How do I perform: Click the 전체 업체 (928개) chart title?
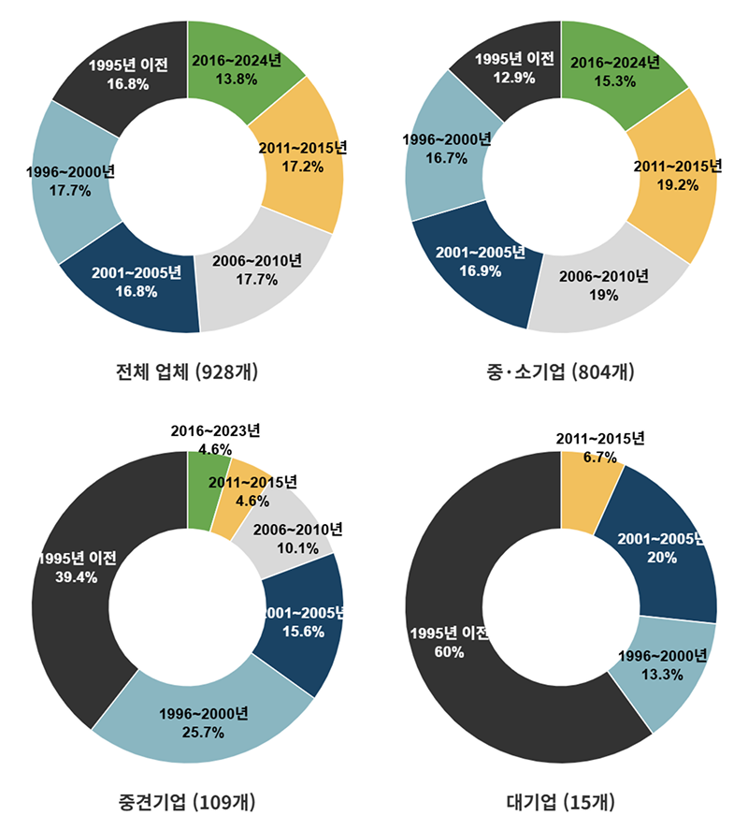click(x=187, y=372)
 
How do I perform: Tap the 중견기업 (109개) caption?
click(x=188, y=802)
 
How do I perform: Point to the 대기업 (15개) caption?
click(x=561, y=802)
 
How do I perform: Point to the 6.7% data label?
click(x=599, y=458)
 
